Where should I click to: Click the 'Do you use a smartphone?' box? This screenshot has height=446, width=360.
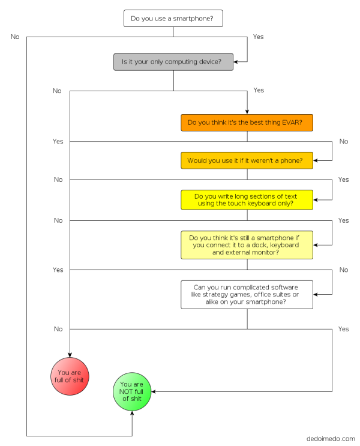pos(173,19)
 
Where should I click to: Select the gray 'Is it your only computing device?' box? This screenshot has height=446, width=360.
pos(173,62)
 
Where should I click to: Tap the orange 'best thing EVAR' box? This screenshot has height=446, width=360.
pos(247,122)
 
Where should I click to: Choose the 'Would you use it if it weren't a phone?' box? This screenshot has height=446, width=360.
pos(247,160)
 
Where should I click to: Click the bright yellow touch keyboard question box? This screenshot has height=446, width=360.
pos(247,200)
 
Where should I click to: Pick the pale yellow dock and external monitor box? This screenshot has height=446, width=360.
pos(247,245)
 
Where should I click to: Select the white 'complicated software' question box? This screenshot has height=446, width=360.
pos(247,294)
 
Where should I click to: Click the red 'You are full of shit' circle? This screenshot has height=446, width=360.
pos(70,376)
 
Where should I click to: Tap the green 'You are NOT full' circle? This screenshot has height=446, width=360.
pos(132,391)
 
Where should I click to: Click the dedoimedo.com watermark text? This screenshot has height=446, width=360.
pos(331,439)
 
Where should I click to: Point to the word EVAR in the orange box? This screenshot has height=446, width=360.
pos(295,122)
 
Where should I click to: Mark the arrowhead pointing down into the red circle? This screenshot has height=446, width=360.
pos(70,354)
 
